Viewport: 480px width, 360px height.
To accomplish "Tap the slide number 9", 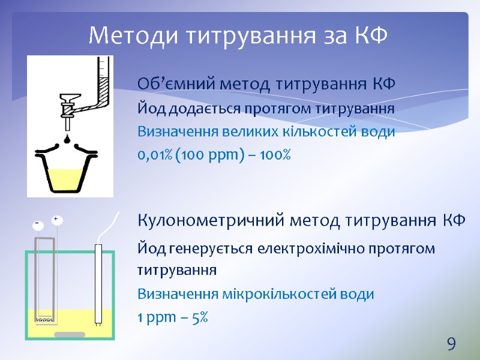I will tap(451, 344).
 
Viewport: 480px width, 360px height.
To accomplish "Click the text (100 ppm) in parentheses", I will tap(208, 155).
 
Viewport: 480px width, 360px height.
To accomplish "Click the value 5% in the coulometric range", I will tap(200, 318).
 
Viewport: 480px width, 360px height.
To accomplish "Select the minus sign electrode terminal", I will tap(37, 224).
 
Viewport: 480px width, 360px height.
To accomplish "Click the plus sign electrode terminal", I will tap(56, 220).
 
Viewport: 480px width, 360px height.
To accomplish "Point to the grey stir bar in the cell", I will tap(70, 334).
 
